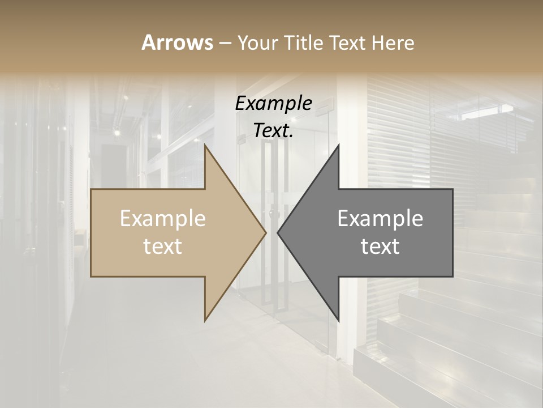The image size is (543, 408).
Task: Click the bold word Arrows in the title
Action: [177, 42]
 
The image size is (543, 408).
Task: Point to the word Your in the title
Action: [257, 42]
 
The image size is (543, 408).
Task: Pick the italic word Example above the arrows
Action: [273, 104]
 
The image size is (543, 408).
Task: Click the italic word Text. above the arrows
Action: [273, 131]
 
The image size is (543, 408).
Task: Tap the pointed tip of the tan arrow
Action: [266, 232]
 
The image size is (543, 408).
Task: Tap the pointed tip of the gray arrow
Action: [278, 232]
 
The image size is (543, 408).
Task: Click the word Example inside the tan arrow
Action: [163, 219]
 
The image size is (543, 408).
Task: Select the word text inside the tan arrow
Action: [163, 246]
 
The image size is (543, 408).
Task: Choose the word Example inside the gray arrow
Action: [380, 219]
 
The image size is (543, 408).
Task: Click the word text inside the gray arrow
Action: [380, 246]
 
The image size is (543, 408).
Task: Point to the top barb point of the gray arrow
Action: [339, 144]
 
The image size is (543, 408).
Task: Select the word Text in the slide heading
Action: [347, 42]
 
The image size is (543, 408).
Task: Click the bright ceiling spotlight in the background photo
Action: [117, 133]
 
